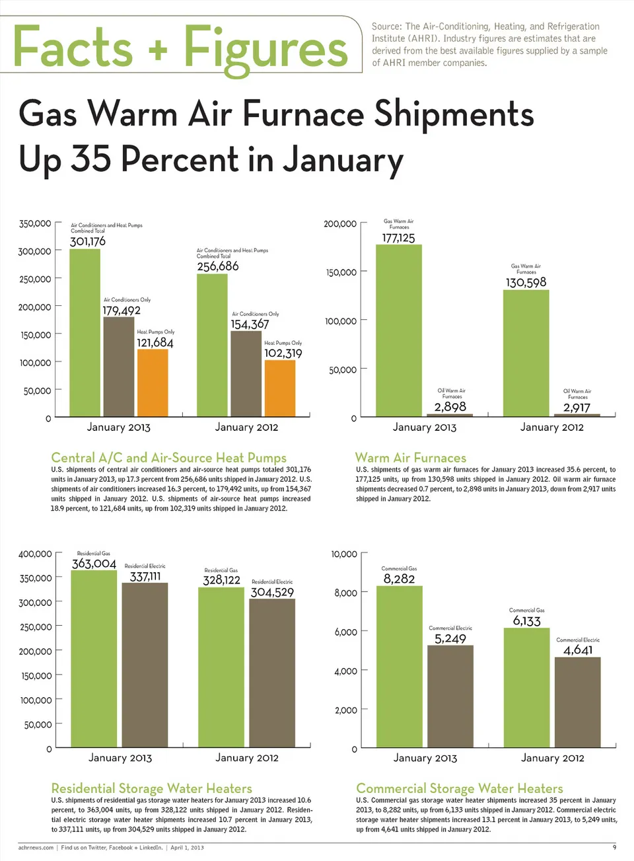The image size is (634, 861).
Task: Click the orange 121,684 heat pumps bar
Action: click(x=153, y=383)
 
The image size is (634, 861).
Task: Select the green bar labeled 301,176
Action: click(x=85, y=334)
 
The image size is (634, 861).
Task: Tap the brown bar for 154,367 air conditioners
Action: click(x=246, y=374)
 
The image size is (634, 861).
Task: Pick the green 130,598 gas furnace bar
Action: click(x=526, y=354)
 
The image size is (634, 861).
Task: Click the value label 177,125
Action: click(x=399, y=238)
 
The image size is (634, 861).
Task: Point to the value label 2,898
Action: click(x=450, y=407)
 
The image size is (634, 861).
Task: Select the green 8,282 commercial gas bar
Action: click(x=400, y=667)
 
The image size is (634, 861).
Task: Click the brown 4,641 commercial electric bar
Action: click(x=578, y=702)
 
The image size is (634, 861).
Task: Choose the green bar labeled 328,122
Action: click(x=221, y=667)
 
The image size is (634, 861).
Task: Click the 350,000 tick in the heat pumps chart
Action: click(x=35, y=223)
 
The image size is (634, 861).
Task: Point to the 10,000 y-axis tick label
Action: click(x=344, y=554)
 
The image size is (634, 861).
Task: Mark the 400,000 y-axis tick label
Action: click(x=35, y=554)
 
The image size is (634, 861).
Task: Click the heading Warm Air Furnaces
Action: click(x=411, y=458)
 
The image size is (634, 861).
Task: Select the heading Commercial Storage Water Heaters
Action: click(x=460, y=788)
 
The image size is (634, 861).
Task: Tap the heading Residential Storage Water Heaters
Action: click(x=152, y=788)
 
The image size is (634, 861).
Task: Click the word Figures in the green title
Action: click(x=265, y=49)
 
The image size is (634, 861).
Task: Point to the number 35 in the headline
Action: click(x=91, y=159)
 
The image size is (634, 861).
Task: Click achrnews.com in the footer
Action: click(x=36, y=847)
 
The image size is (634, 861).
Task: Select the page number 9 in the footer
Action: click(x=614, y=847)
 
